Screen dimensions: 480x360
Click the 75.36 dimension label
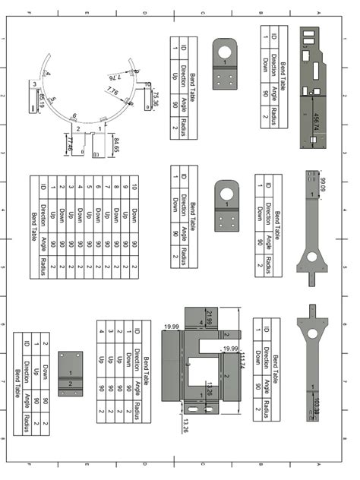click(155, 98)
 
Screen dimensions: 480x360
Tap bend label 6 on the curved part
click(74, 116)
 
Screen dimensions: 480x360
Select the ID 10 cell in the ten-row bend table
click(134, 185)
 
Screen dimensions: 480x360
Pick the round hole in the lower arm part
click(311, 334)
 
